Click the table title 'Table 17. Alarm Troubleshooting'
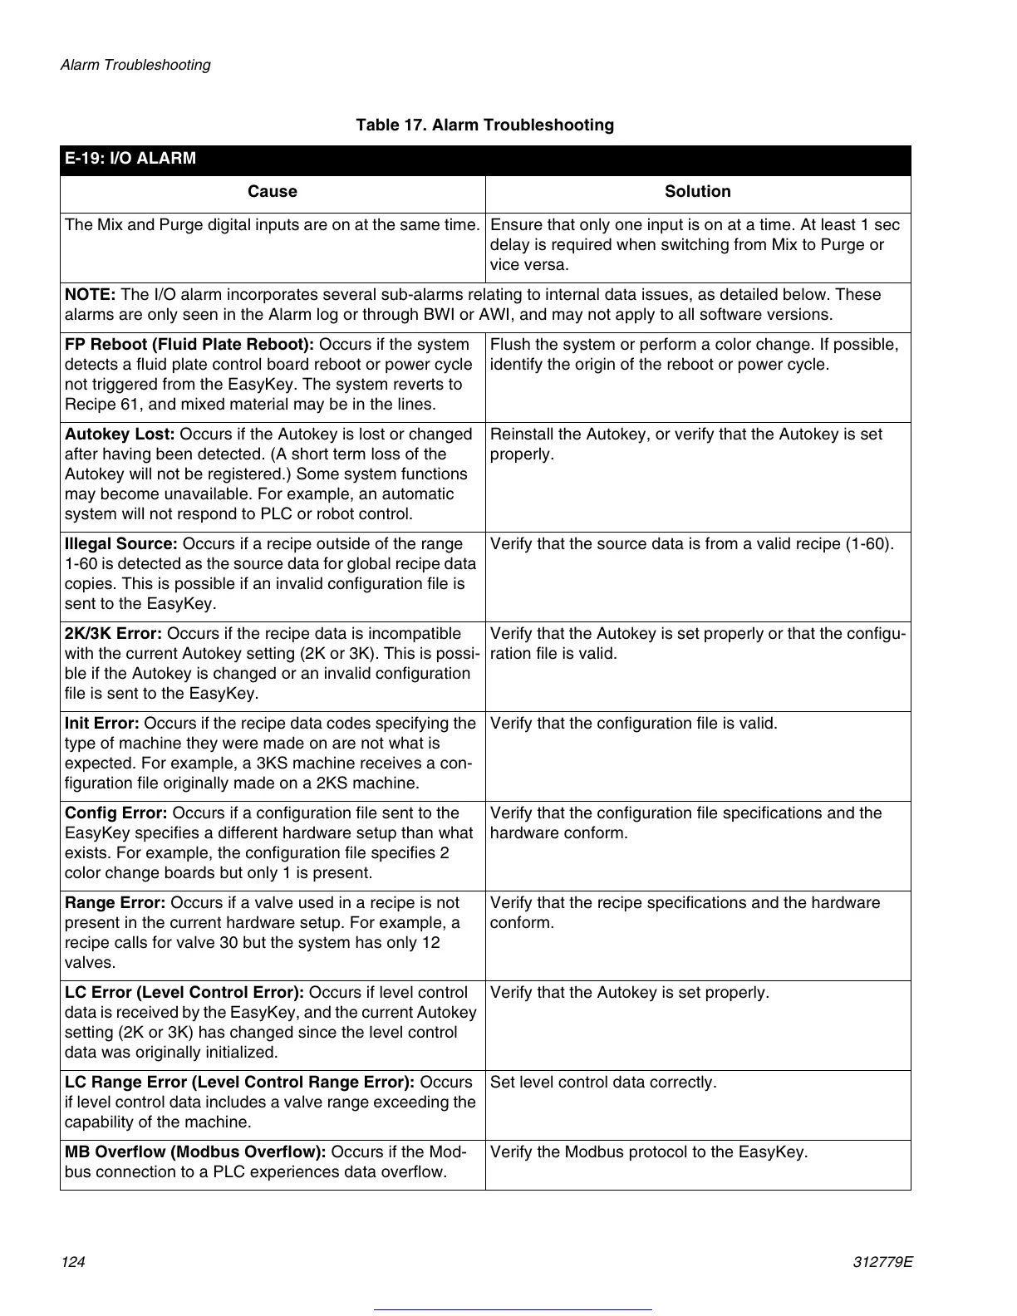[484, 125]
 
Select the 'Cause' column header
[272, 192]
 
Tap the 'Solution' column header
[697, 192]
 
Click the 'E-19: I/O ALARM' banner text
[130, 159]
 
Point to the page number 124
[73, 1262]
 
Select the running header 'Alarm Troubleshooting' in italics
[135, 65]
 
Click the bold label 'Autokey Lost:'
[120, 435]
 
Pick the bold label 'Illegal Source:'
[121, 544]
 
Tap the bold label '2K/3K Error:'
[113, 634]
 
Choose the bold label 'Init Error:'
[102, 724]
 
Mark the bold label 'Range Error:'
[115, 903]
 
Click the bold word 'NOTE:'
[91, 295]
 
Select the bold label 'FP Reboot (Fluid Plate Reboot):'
[189, 345]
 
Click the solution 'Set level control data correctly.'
[603, 1083]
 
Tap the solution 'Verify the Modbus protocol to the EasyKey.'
[649, 1152]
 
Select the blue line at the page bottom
[513, 1309]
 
